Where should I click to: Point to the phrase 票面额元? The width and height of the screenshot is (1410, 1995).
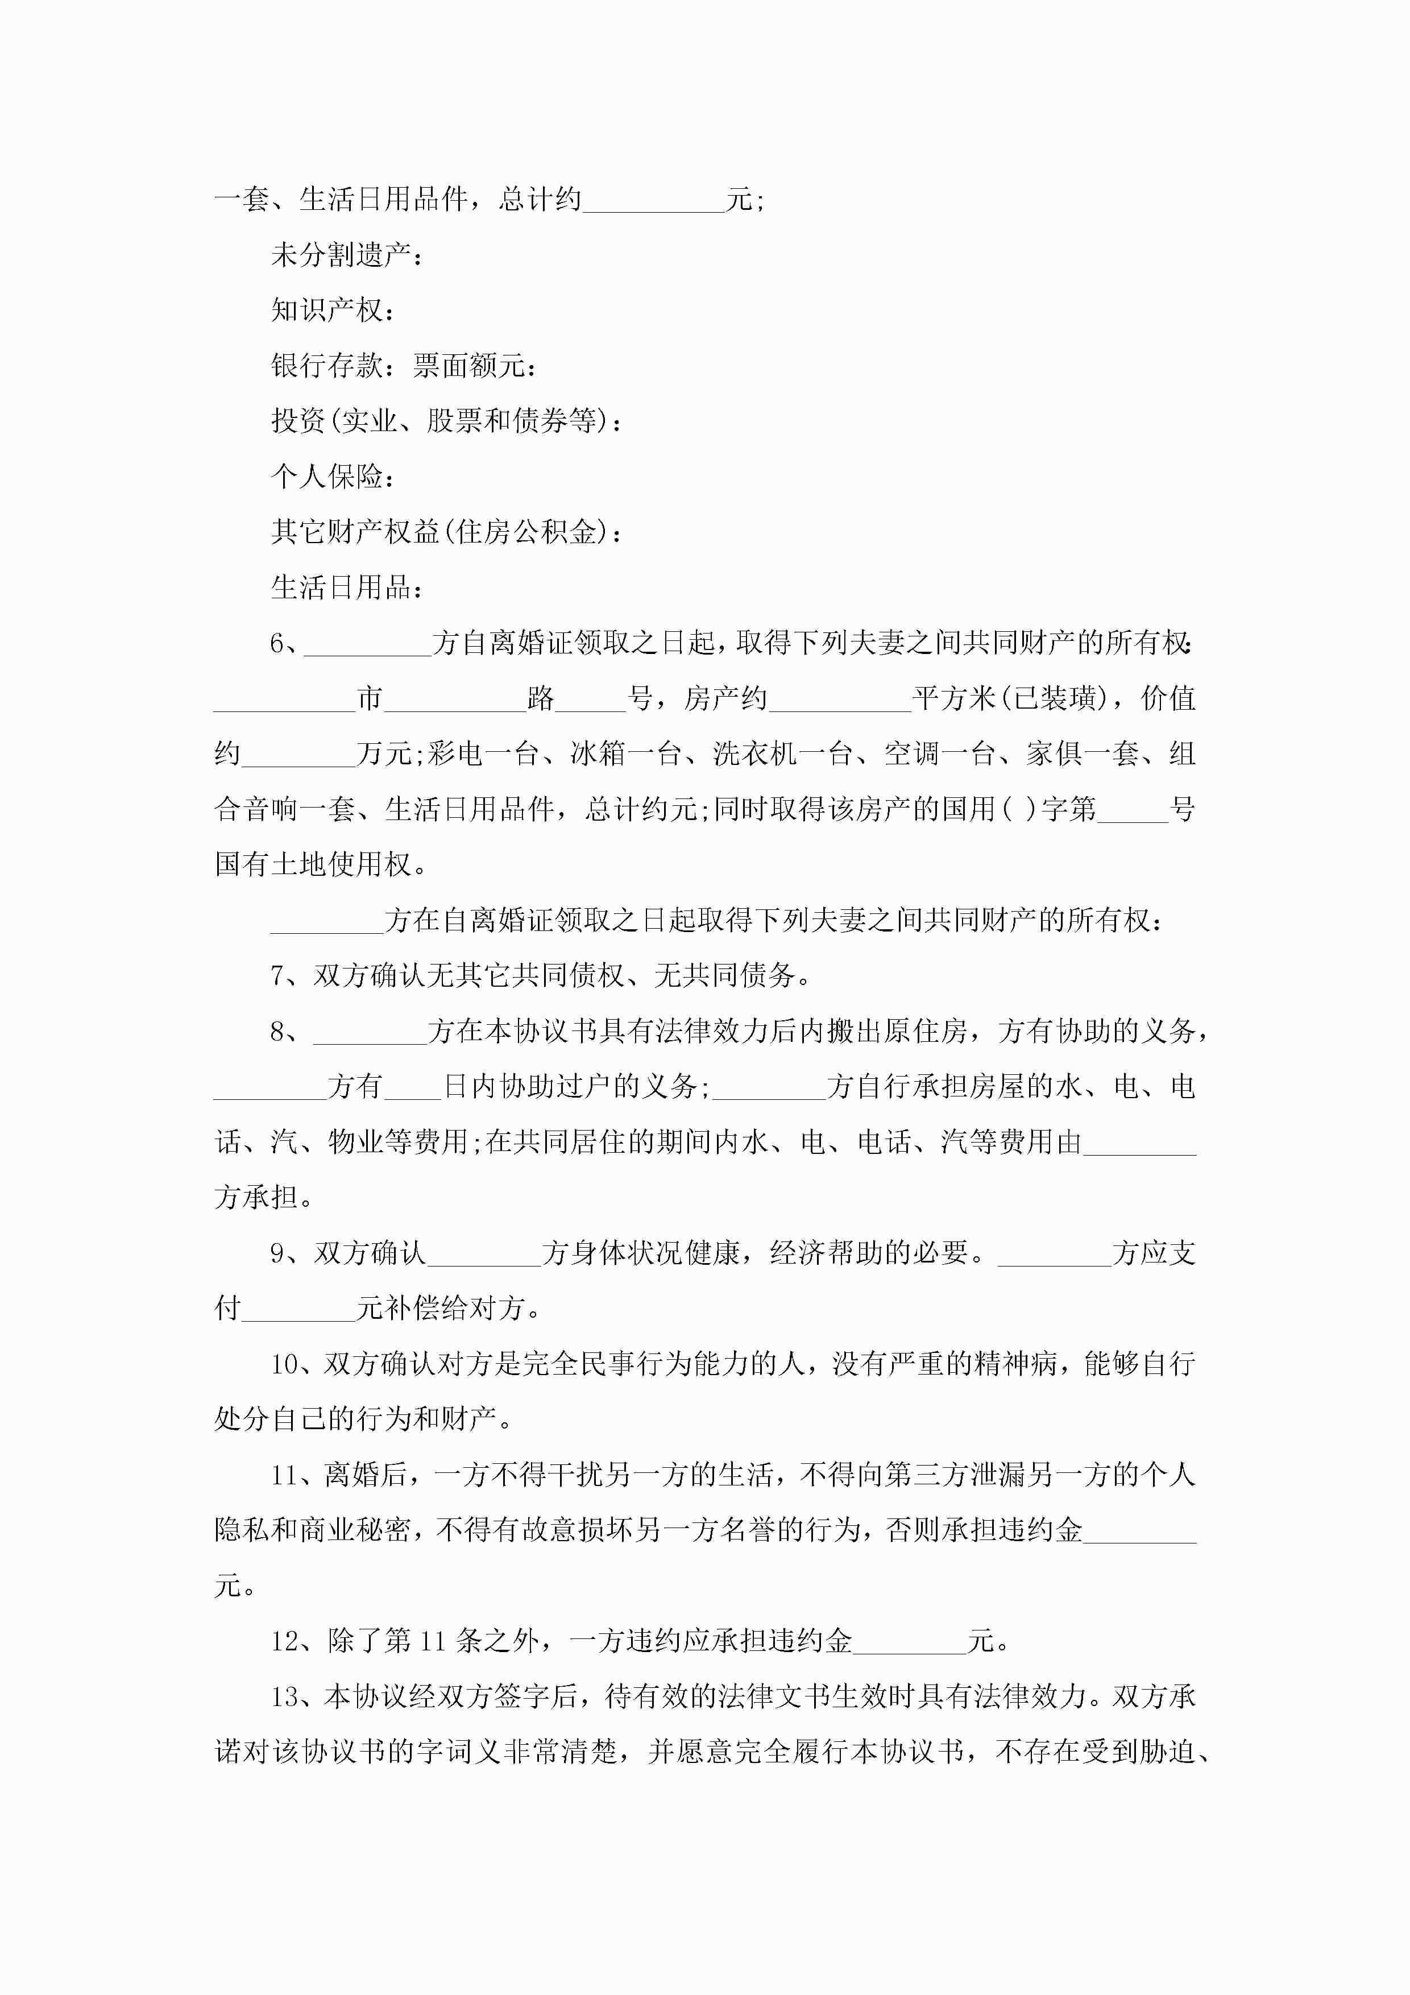(x=469, y=366)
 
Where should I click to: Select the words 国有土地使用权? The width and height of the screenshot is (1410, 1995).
(x=313, y=864)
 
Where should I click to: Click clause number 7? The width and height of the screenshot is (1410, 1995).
(x=278, y=976)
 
